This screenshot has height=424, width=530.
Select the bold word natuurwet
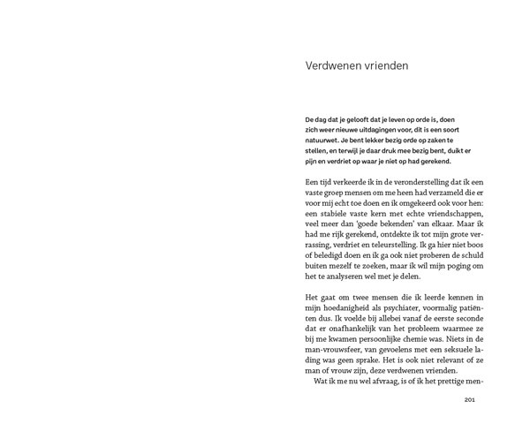point(324,140)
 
